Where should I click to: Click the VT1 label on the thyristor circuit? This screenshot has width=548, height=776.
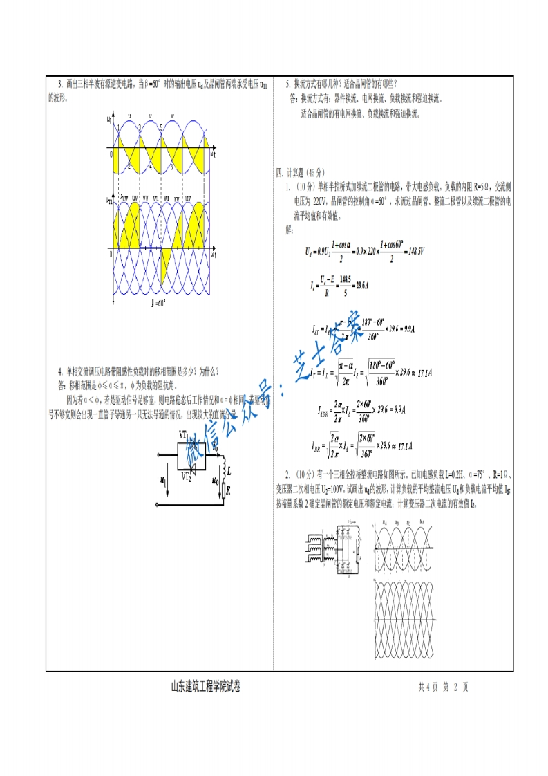point(184,434)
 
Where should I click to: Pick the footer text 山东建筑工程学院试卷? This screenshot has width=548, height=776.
point(206,687)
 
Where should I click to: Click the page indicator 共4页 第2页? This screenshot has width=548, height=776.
point(444,687)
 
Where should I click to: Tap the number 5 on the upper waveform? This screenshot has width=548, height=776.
point(161,127)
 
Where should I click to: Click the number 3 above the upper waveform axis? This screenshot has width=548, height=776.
point(140,127)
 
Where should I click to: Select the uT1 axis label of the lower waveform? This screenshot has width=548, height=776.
point(109,202)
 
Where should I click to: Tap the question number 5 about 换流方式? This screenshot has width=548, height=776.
point(287,84)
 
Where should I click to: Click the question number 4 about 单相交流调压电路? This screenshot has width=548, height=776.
point(60,371)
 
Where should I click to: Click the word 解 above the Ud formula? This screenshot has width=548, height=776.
point(289,228)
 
